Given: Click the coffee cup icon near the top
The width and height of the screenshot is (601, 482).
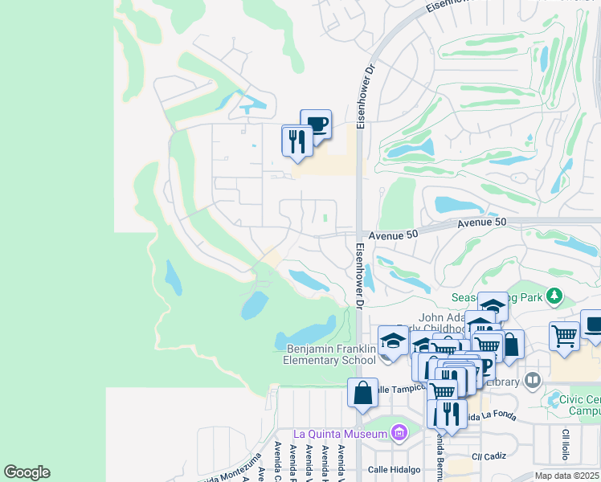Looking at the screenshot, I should pyautogui.click(x=316, y=125).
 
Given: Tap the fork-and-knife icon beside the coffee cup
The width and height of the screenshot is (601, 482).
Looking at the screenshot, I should pyautogui.click(x=297, y=141).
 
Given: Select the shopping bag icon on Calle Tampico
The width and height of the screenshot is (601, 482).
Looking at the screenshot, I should pyautogui.click(x=362, y=393).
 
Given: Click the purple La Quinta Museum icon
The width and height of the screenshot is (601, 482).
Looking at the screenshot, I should pyautogui.click(x=398, y=434).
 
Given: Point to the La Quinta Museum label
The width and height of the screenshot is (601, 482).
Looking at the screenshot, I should pyautogui.click(x=341, y=434).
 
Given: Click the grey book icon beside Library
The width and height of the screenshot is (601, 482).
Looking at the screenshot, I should pyautogui.click(x=532, y=379).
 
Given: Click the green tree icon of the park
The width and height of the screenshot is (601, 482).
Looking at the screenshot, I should pyautogui.click(x=554, y=296).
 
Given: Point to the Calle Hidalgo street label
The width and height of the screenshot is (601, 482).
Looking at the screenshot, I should pyautogui.click(x=395, y=469).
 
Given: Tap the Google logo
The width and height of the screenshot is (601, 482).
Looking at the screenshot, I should pyautogui.click(x=27, y=472).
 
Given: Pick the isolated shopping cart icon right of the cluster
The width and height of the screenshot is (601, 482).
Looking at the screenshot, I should pyautogui.click(x=565, y=335).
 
